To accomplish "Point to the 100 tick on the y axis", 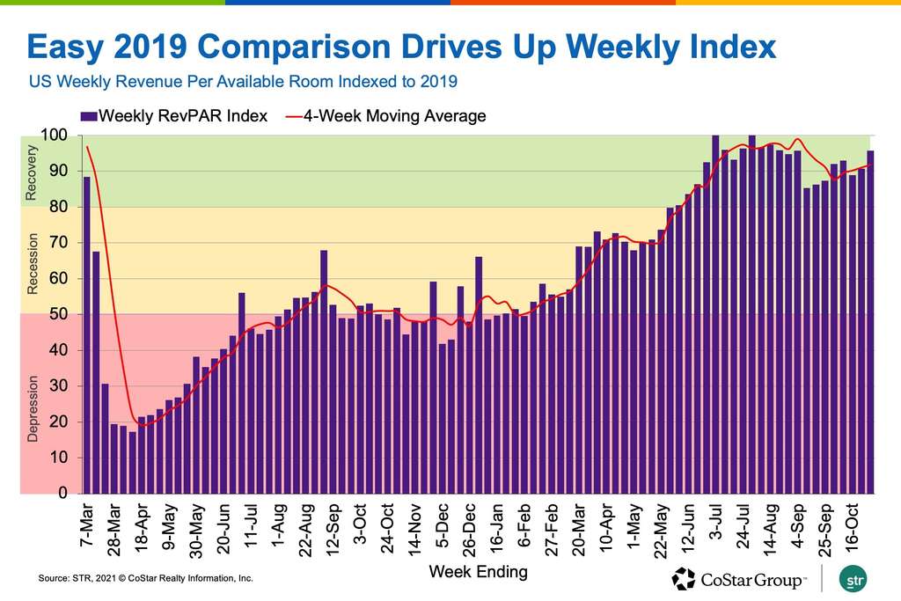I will point(55,136).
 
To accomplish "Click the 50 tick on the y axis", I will point(58,315).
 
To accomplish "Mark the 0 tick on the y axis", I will point(62,494).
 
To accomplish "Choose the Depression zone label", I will point(33,409).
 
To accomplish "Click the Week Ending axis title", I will point(478,572).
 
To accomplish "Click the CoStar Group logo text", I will point(751,579).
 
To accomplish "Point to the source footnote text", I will point(145,579).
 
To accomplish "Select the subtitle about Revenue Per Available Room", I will point(243,83).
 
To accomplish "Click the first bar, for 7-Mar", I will point(87,334).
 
